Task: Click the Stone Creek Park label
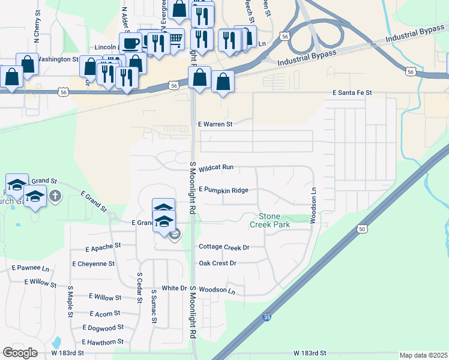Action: click(x=274, y=220)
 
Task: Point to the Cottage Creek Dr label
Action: click(x=224, y=247)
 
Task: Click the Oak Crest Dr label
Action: click(x=217, y=263)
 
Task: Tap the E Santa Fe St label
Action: click(x=352, y=93)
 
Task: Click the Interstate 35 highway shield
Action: click(x=265, y=317)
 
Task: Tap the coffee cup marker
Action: click(x=130, y=43)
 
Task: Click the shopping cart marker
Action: click(x=175, y=39)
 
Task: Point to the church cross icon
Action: click(x=55, y=195)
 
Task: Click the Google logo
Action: click(x=20, y=352)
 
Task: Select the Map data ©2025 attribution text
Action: click(x=423, y=355)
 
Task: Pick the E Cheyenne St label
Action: click(x=93, y=263)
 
